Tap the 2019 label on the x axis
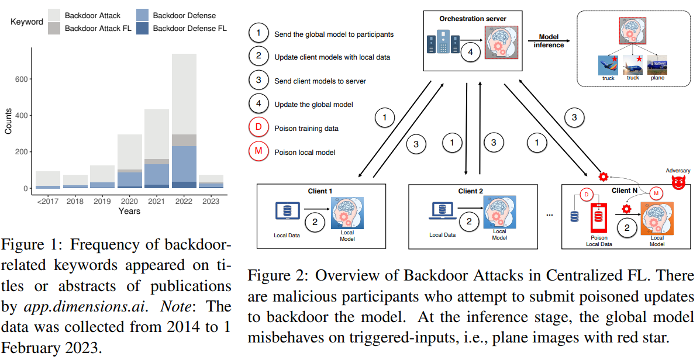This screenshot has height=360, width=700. (102, 200)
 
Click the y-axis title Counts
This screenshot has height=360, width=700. (8, 120)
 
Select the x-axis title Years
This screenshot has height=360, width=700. (129, 210)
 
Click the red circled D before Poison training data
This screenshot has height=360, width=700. (258, 129)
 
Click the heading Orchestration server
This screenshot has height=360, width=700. (473, 19)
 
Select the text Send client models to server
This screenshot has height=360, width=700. (320, 81)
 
